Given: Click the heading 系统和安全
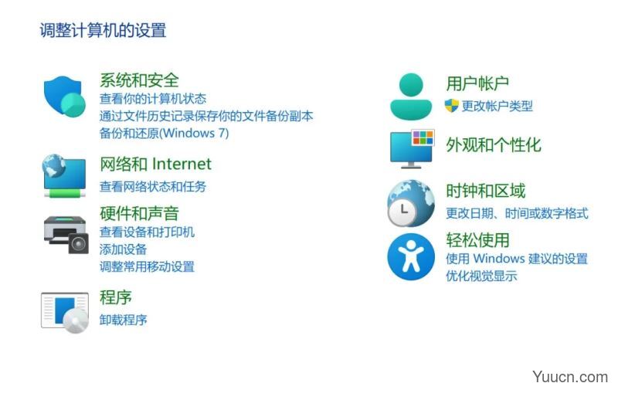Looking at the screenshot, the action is click(139, 80).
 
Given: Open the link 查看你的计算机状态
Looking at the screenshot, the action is click(152, 99).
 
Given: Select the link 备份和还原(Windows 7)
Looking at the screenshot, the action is click(164, 133).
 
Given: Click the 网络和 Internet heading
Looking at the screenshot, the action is click(156, 164).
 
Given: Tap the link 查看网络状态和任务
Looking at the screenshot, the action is click(152, 186).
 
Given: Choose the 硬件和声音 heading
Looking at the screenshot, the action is click(139, 214).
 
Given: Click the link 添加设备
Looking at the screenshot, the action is click(123, 249).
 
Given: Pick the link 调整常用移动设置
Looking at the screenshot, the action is click(147, 266).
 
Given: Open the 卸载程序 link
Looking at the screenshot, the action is click(123, 320).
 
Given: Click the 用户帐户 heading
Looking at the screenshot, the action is click(477, 83).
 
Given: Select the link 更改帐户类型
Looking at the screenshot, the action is click(497, 106).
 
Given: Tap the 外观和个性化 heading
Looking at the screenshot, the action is click(494, 145).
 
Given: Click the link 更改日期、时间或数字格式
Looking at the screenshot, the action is click(517, 213).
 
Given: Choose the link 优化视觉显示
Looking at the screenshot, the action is click(481, 276).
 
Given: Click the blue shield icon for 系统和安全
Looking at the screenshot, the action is click(65, 97).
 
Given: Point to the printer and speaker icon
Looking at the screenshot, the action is click(66, 234).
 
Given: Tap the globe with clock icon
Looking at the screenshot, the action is click(411, 203).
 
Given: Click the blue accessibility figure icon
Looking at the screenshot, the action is click(411, 256).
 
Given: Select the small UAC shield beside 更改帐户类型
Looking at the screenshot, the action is click(452, 106).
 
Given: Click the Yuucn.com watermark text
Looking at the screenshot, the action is click(570, 377).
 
